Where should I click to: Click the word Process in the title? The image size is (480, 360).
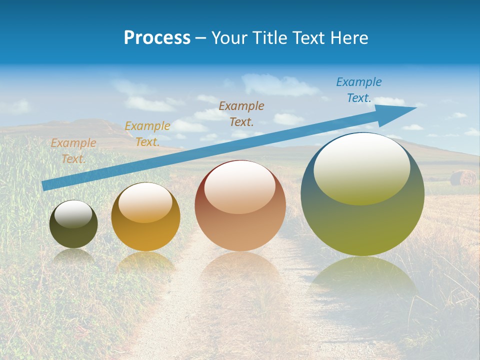point(157,38)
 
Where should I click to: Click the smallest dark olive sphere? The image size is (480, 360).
point(73,224)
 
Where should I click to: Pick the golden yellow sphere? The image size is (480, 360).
point(145,217)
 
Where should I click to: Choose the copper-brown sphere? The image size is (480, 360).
point(240,205)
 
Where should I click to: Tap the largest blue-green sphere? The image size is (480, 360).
point(362,194)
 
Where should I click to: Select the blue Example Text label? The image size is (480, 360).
point(358,90)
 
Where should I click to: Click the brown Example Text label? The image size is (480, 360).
point(241,113)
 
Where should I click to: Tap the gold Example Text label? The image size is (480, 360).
point(147,134)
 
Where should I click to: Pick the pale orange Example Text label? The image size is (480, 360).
point(73,151)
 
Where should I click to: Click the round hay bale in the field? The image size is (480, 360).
point(462,177)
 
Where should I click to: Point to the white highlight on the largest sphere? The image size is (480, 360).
point(361,167)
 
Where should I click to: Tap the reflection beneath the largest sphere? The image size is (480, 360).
point(362,280)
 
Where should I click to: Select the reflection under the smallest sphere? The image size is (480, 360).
point(73,256)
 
